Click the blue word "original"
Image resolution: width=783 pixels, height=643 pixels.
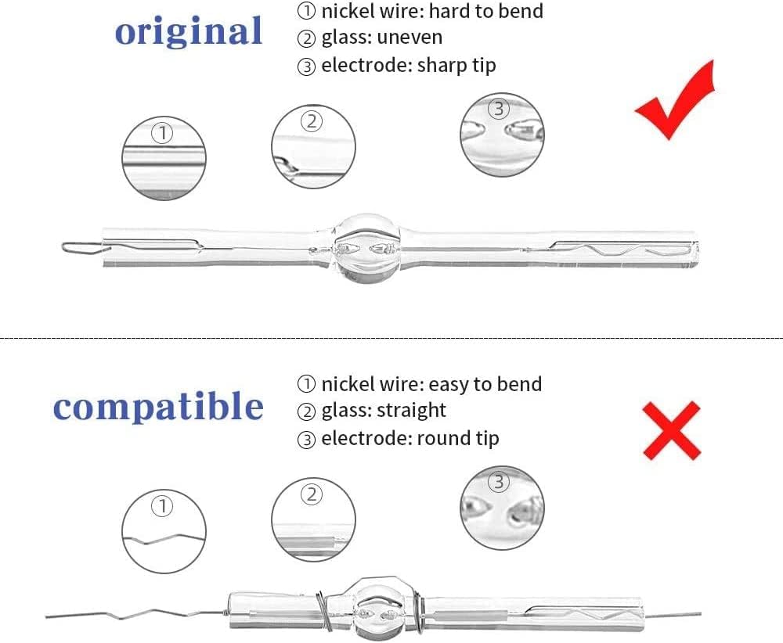pos(188,32)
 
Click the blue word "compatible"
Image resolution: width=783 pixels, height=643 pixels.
pos(158,407)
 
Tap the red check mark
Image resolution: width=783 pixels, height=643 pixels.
pos(675,99)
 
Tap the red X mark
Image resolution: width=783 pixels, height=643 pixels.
pos(672,430)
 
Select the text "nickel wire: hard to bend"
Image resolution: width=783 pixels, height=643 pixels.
pos(432,11)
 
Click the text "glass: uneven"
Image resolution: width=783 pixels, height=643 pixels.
pos(381,38)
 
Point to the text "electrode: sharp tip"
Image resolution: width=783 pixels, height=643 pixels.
pos(409,66)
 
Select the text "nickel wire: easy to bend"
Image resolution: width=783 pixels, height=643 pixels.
pos(431,384)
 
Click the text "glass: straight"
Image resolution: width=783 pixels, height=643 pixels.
pos(384,411)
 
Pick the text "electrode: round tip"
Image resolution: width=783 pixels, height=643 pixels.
pos(410,439)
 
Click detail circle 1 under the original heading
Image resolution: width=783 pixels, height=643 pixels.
pos(164,158)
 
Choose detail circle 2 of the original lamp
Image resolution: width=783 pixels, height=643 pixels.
pos(314,146)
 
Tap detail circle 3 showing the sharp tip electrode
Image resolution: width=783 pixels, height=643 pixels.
pos(502,135)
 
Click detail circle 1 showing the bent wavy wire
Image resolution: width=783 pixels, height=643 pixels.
pos(164,531)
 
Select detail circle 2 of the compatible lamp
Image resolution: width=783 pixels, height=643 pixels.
pos(314,519)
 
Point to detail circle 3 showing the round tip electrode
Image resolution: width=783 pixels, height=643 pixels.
pos(502,508)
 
